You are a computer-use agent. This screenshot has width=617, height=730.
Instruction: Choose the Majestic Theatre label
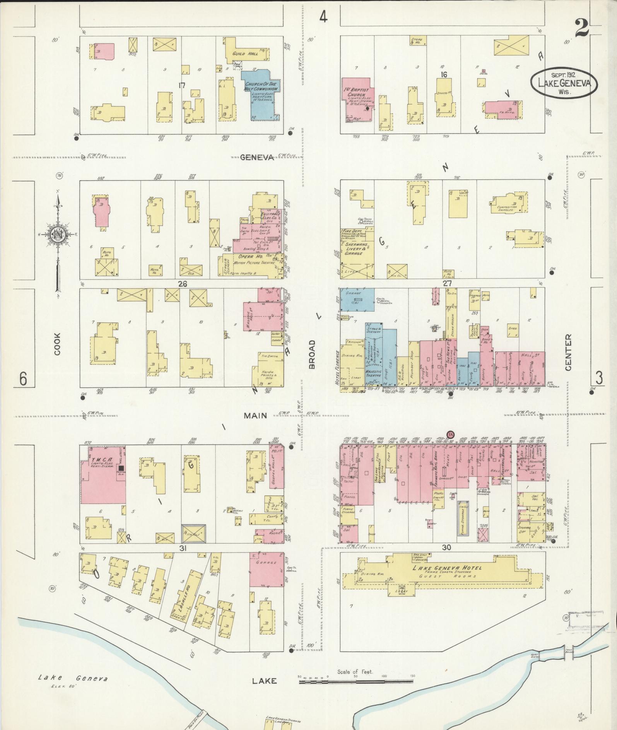[373, 374]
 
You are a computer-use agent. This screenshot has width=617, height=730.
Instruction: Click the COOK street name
[57, 344]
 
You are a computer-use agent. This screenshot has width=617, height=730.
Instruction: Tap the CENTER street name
[568, 353]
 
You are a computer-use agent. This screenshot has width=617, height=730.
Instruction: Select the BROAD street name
[312, 354]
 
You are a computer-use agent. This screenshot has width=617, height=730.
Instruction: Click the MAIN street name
[255, 415]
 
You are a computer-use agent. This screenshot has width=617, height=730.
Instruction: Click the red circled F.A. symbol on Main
[450, 434]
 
